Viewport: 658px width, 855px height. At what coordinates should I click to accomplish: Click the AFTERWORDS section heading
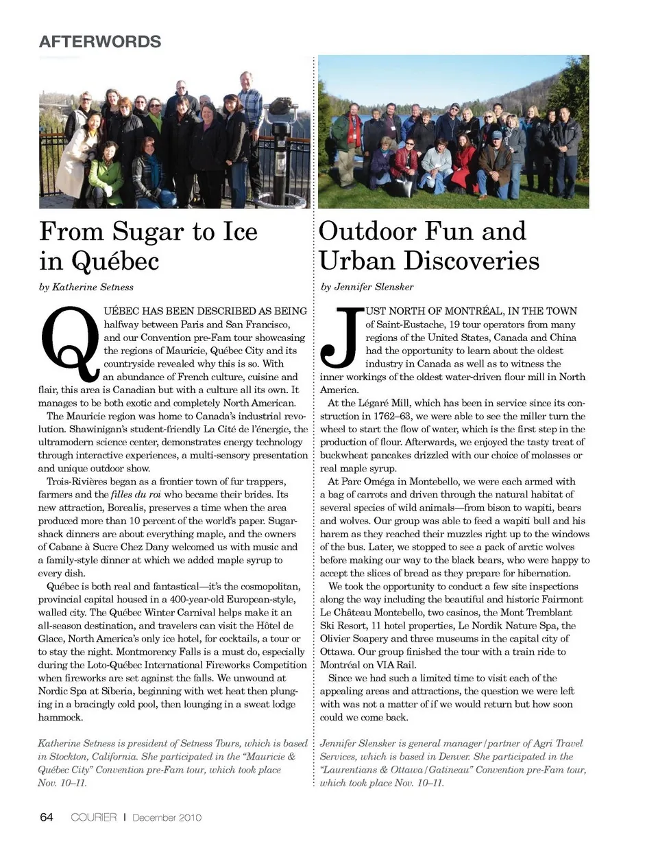pos(100,42)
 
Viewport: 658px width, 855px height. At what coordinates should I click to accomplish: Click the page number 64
pos(47,817)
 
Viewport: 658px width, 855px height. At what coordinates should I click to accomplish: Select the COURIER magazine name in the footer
pos(94,817)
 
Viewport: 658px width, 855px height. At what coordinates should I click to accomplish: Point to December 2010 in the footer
pos(167,817)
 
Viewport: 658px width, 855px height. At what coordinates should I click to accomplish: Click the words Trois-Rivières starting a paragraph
pos(77,482)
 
